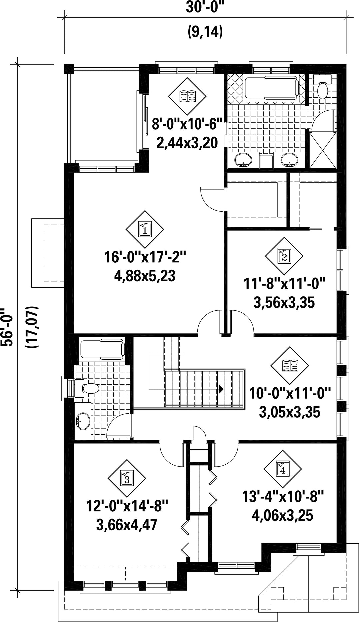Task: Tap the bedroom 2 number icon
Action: [x=284, y=256]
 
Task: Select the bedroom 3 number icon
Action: [x=127, y=478]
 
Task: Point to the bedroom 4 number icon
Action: [x=283, y=469]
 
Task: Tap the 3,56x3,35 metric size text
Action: [x=284, y=303]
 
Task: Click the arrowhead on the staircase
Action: [x=221, y=388]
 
